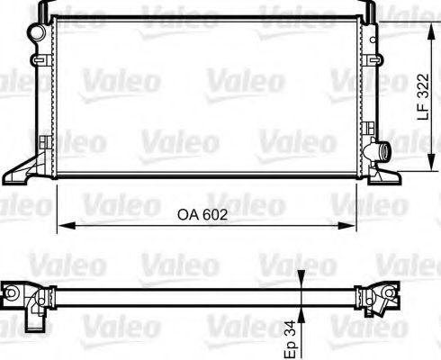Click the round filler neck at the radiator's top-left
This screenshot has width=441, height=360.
click(x=37, y=32)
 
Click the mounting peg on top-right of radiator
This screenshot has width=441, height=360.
click(x=369, y=8)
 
